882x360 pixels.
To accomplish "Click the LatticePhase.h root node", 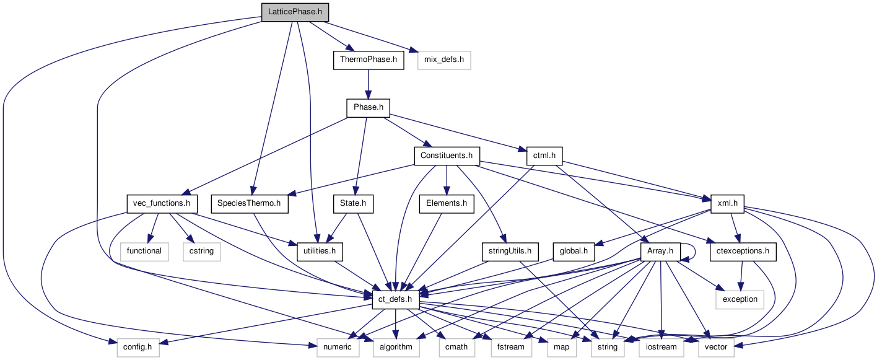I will pos(294,12).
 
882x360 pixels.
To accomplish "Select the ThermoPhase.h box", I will pos(369,60).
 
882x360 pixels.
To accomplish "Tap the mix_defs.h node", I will pos(444,60).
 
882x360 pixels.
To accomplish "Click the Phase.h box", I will pos(369,108).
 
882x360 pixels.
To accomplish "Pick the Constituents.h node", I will pos(447,156).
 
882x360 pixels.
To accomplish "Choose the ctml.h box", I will pos(543,156).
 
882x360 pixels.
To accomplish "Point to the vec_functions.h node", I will pos(161,203).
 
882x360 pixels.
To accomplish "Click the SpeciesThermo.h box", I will pos(250,203).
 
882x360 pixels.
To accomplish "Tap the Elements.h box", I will pos(447,203).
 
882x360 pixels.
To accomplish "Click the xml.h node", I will pos(727,203).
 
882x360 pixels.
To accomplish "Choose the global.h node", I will pos(574,251).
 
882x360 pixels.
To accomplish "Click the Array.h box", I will pos(660,251).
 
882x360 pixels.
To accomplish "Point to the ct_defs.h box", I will pos(396,299).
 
